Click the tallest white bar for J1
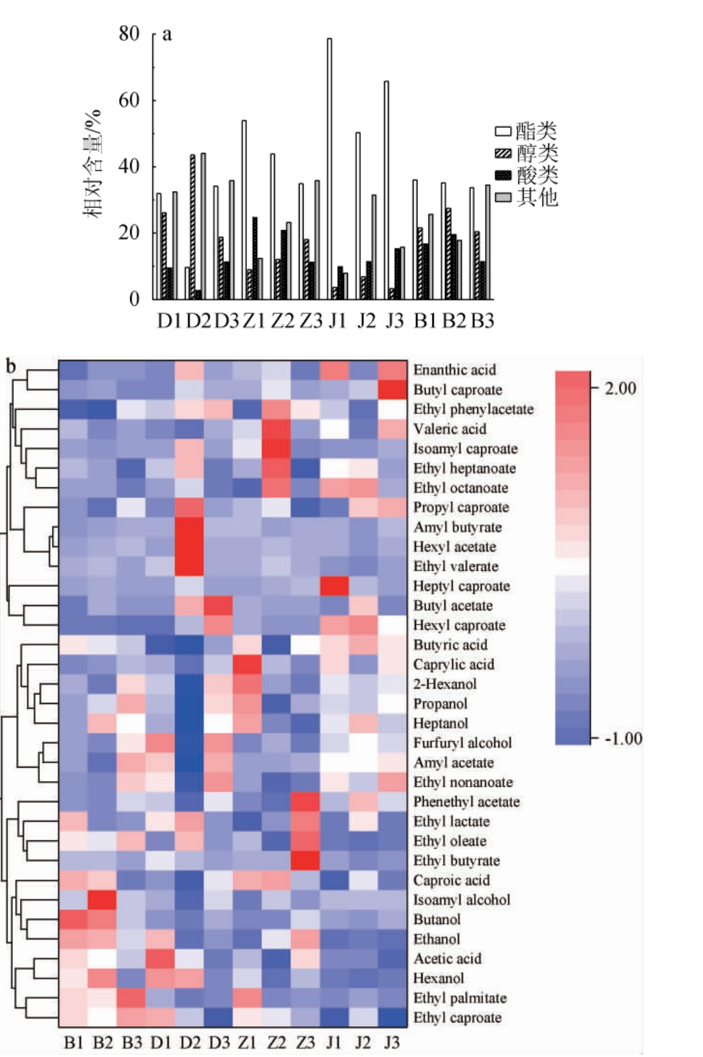coord(329,168)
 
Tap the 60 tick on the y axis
coord(129,100)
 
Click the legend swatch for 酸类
coord(503,175)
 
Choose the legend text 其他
coord(538,197)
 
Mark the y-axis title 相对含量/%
coord(93,164)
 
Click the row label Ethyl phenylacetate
coord(473,410)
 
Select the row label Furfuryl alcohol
coord(462,743)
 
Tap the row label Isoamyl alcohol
coord(462,900)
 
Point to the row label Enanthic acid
coord(454,370)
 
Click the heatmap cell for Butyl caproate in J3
coord(392,390)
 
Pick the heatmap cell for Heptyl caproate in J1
coord(334,586)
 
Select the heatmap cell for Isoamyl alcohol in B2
coord(102,899)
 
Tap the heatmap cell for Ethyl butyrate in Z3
coord(305,860)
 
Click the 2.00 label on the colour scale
coord(620,388)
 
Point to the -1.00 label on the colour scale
coord(623,738)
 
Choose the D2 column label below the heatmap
coord(189,1042)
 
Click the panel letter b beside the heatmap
coord(11,366)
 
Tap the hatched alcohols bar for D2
coord(192,227)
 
